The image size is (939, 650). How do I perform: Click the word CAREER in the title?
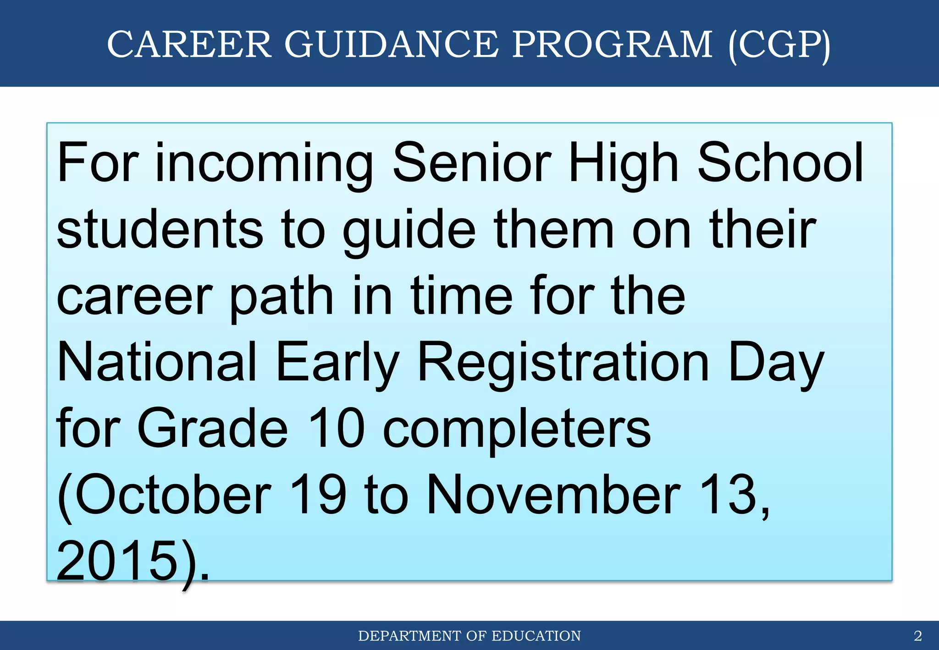tap(189, 44)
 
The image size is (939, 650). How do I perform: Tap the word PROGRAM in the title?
tap(612, 44)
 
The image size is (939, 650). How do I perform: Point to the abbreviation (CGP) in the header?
tap(779, 45)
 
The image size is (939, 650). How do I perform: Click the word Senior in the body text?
tap(472, 163)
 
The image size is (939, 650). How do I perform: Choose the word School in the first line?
tap(780, 163)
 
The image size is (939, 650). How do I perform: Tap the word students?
tap(160, 229)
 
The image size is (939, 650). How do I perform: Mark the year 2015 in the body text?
tap(117, 561)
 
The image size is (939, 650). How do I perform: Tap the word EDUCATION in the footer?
tap(536, 636)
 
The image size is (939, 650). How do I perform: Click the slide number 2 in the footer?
tap(917, 636)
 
